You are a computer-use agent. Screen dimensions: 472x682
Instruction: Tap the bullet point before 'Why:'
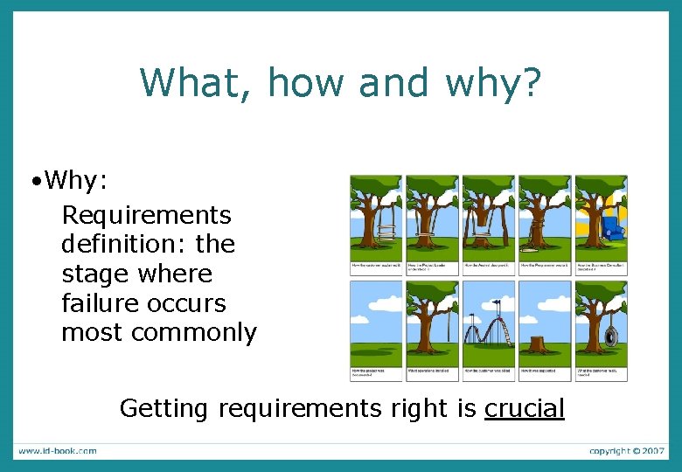[x=34, y=182]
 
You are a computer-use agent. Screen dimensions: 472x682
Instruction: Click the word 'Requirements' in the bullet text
[x=146, y=215]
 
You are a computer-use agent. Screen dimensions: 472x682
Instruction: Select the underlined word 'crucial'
[x=524, y=408]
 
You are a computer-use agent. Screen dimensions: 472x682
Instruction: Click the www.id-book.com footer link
[x=58, y=451]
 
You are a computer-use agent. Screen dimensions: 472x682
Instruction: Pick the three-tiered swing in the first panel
[x=385, y=232]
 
